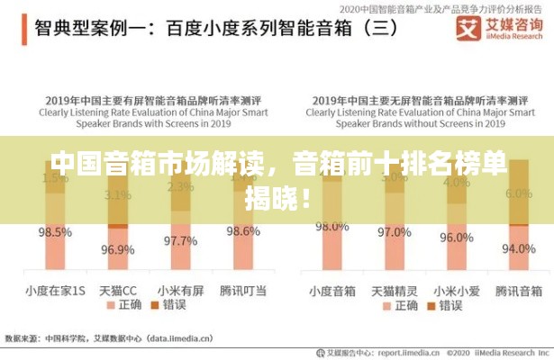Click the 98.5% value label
[54, 232]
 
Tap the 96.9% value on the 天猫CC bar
[118, 249]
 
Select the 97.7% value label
[180, 240]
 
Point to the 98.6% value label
[242, 231]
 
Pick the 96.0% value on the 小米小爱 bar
[456, 238]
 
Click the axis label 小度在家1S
[54, 291]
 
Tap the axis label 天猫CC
[118, 291]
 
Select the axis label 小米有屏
[180, 291]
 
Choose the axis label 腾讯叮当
[242, 291]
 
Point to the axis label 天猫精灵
[394, 291]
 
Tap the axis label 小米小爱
[456, 291]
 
